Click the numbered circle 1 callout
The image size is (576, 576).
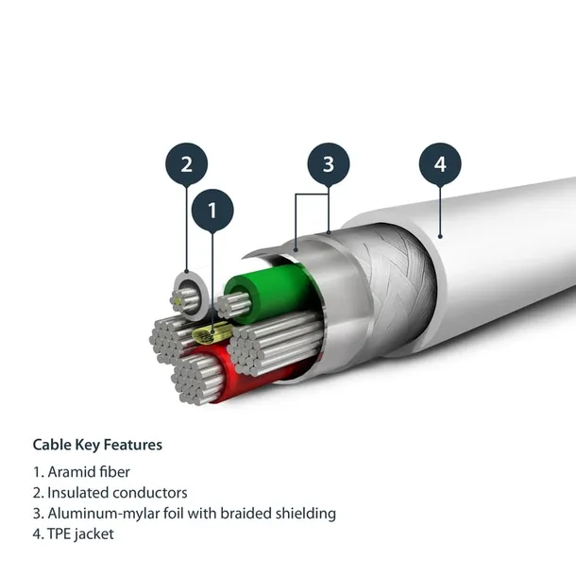coord(212,211)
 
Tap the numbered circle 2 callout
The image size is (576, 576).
coord(186,163)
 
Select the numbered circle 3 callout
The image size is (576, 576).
coord(328,164)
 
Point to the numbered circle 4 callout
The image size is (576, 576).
coord(440,164)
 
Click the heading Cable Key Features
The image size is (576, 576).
coord(97,444)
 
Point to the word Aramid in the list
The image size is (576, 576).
coord(72,471)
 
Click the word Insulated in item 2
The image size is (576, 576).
coord(77,493)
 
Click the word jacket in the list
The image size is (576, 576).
coord(97,534)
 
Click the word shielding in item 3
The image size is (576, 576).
coord(305,514)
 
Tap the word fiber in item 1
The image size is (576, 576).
coord(113,471)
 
